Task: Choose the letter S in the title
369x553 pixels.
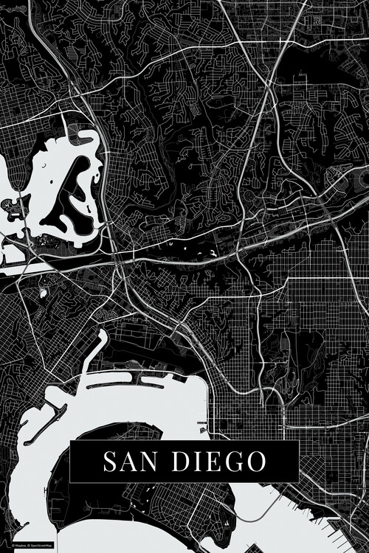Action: (110, 462)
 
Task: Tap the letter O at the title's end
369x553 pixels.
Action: (255, 462)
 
